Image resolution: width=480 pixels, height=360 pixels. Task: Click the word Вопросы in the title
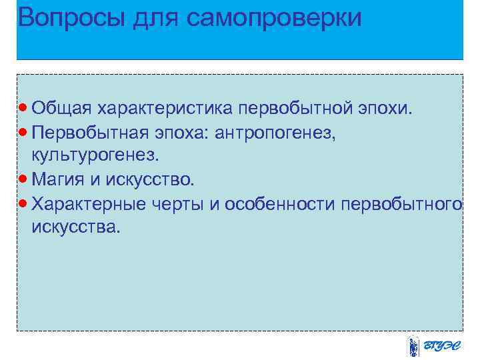pos(64,18)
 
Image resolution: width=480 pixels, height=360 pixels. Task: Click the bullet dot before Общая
pos(24,107)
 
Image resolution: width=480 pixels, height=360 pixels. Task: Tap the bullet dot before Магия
pos(24,179)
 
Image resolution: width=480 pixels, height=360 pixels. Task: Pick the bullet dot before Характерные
pos(24,203)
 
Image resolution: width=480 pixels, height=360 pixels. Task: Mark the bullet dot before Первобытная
pos(24,131)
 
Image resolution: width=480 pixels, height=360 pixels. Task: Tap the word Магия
pos(62,179)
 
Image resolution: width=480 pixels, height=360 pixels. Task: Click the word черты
pos(178,203)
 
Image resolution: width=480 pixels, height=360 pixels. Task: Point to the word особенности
pos(279,203)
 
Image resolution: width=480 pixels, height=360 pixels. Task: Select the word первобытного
pos(401,203)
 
